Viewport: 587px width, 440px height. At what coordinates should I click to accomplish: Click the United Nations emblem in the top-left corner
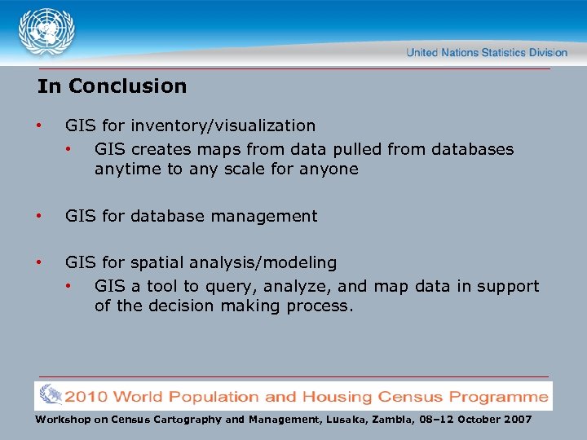[46, 32]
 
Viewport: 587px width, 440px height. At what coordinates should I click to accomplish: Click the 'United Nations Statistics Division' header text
[486, 52]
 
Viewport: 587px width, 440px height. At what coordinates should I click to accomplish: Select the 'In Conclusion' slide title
[112, 86]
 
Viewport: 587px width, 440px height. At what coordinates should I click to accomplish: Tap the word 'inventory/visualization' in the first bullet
[223, 125]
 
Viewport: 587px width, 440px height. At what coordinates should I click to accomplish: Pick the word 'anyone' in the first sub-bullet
[330, 169]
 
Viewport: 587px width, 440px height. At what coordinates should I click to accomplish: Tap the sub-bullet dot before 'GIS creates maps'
[70, 150]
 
